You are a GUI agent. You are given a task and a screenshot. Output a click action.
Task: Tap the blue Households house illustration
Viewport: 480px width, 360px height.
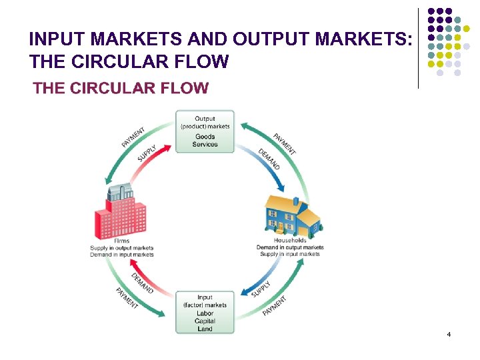(291, 215)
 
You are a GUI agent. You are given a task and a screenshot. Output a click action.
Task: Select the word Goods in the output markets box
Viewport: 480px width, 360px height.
(205, 137)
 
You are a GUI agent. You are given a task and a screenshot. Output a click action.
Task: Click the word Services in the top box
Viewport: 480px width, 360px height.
(205, 145)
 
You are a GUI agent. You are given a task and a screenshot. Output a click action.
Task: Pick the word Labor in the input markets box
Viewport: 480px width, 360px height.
(205, 313)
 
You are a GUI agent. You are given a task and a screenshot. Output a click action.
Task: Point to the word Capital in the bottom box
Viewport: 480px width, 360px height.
(205, 321)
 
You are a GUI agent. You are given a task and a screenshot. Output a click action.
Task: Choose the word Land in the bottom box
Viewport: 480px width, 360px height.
(205, 329)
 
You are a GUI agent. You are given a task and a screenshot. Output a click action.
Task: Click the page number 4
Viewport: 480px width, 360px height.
(449, 333)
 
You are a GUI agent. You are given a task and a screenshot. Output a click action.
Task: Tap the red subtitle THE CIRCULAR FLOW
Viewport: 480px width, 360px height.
(121, 88)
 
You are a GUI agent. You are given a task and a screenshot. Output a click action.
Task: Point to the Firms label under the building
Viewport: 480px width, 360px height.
(122, 241)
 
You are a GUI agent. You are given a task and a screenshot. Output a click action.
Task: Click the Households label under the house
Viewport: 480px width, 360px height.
(290, 240)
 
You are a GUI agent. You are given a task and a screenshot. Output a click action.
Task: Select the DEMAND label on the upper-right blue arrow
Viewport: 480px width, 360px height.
(269, 158)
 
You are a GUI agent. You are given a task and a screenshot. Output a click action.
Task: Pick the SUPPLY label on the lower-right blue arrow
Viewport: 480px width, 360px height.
(261, 289)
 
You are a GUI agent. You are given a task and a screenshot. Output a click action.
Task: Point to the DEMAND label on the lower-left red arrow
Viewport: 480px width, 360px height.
(142, 283)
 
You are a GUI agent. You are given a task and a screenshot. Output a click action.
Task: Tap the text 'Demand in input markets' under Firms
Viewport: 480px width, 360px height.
(122, 255)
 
